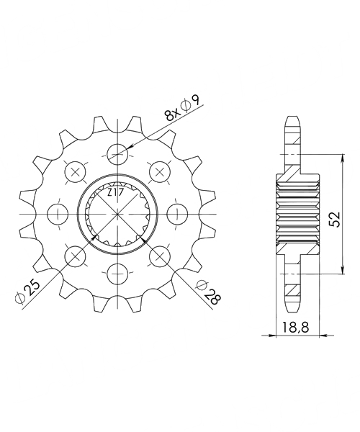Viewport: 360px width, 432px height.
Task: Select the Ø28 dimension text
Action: point(209,292)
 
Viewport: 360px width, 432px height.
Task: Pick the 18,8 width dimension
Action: point(295,328)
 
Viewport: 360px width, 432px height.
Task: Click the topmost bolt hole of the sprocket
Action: point(118,154)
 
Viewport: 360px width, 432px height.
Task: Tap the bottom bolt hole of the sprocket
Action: point(118,274)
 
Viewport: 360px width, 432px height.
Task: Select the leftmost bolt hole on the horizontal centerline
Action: point(58,214)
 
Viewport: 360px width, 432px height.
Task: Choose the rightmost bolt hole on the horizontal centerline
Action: point(178,214)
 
